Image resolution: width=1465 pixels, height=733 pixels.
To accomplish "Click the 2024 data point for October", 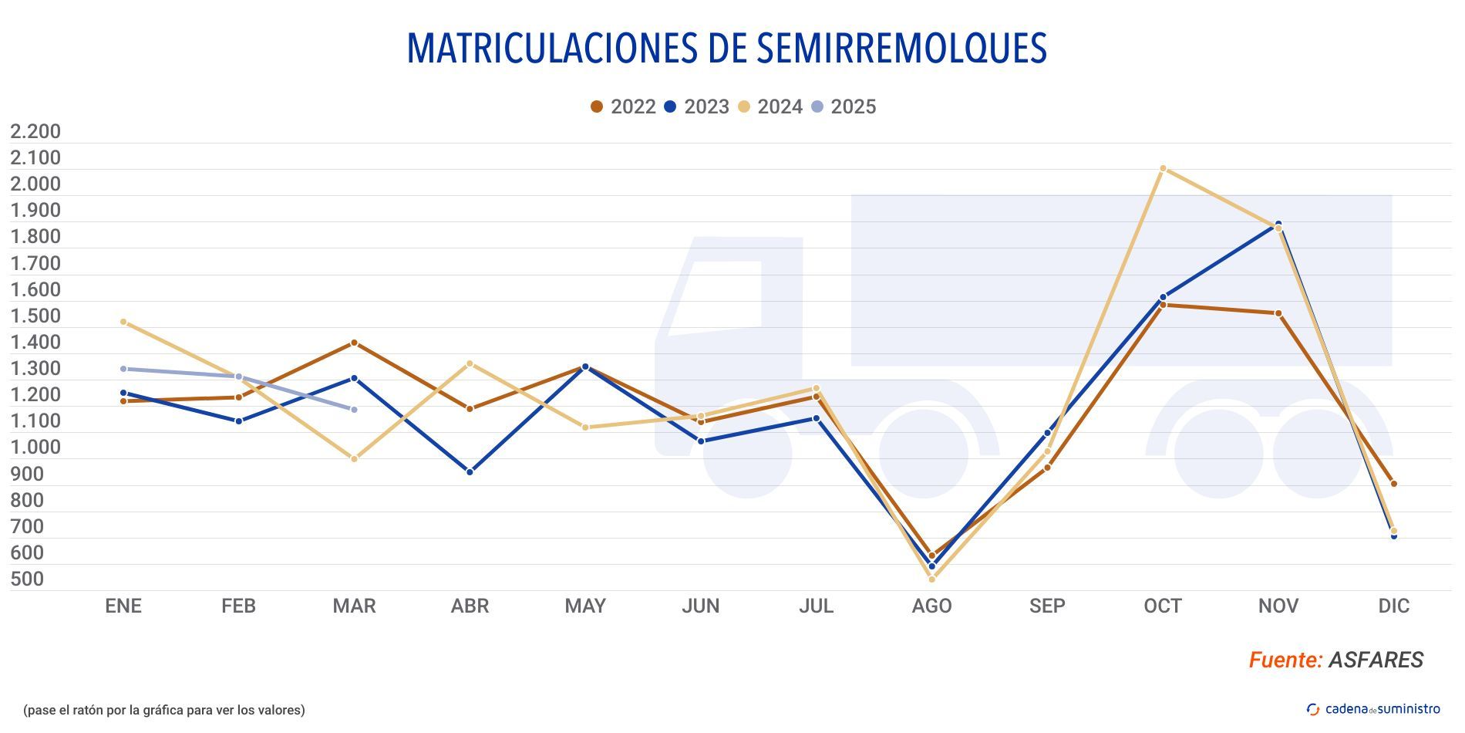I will click(x=1163, y=168).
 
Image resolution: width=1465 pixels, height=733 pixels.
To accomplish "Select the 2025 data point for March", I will click(x=354, y=410).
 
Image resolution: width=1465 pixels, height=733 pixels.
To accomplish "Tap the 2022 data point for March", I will click(x=354, y=343).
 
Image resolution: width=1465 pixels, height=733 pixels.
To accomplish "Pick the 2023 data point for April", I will click(x=470, y=471).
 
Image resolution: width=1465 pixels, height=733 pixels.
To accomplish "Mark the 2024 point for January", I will click(x=123, y=322).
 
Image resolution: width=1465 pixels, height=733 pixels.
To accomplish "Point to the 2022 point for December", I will click(x=1393, y=484).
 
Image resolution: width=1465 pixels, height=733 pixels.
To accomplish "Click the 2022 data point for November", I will click(x=1278, y=313).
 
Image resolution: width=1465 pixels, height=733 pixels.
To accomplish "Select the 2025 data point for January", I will click(x=123, y=369).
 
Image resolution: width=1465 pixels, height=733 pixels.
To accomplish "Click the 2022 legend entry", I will click(x=623, y=106).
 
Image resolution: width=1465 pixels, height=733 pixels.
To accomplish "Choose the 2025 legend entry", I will click(x=844, y=106).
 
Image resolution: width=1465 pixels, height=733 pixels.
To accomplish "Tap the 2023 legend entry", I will click(x=696, y=106).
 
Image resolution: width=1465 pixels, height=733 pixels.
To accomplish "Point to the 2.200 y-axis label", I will click(x=35, y=131).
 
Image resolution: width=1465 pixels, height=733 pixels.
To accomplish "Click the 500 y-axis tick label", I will click(x=27, y=579).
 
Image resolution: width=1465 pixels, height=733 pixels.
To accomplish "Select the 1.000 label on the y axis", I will click(x=35, y=447).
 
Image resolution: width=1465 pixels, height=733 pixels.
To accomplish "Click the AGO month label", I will click(x=931, y=606).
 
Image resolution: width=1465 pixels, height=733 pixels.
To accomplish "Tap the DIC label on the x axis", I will click(x=1393, y=606).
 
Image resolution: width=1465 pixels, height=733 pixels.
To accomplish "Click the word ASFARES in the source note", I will click(x=1376, y=660).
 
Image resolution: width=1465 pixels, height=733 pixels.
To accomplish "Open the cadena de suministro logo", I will click(x=1373, y=709).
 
